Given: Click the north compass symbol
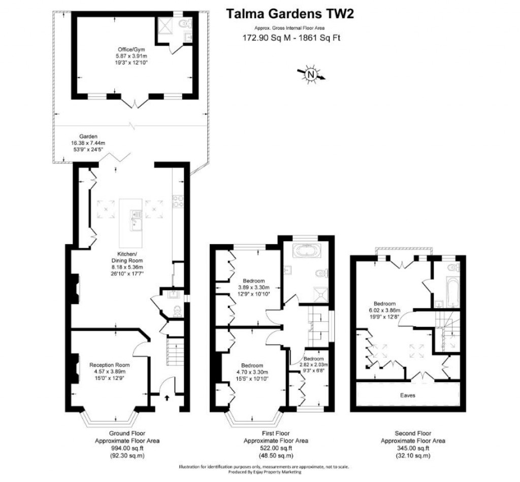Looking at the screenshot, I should pos(310,75).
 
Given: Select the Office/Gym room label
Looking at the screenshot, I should pos(128,50).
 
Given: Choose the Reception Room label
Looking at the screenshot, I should pos(110,365).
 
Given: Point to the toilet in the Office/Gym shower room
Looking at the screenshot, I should pos(185,23).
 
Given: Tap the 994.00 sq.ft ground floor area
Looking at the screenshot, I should pos(127,448).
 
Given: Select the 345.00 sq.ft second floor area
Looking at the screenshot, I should pos(413,448).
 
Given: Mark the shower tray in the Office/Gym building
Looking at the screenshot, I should pos(166,25).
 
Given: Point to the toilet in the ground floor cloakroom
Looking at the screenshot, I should pos(176,312).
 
